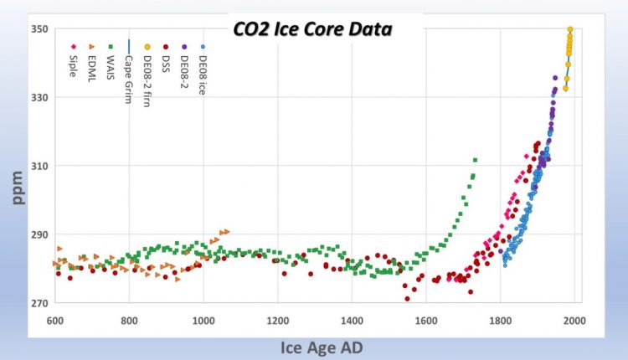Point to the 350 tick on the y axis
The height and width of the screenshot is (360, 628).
pos(39,28)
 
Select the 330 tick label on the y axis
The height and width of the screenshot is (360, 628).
pos(39,97)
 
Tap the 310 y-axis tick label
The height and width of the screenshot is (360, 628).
pos(39,166)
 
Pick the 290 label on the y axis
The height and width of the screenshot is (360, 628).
pos(39,234)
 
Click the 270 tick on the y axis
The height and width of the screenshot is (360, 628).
pos(39,303)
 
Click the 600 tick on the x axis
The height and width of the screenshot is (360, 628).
pos(55,320)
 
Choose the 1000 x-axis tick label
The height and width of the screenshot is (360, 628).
pos(203,320)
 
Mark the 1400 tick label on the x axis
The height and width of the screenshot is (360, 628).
pos(352,320)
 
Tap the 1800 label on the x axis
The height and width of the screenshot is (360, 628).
pos(500,320)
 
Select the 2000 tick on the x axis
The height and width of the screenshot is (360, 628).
pos(574,320)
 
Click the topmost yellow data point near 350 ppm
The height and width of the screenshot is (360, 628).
pos(570,29)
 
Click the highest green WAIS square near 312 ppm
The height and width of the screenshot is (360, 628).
pos(475,160)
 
